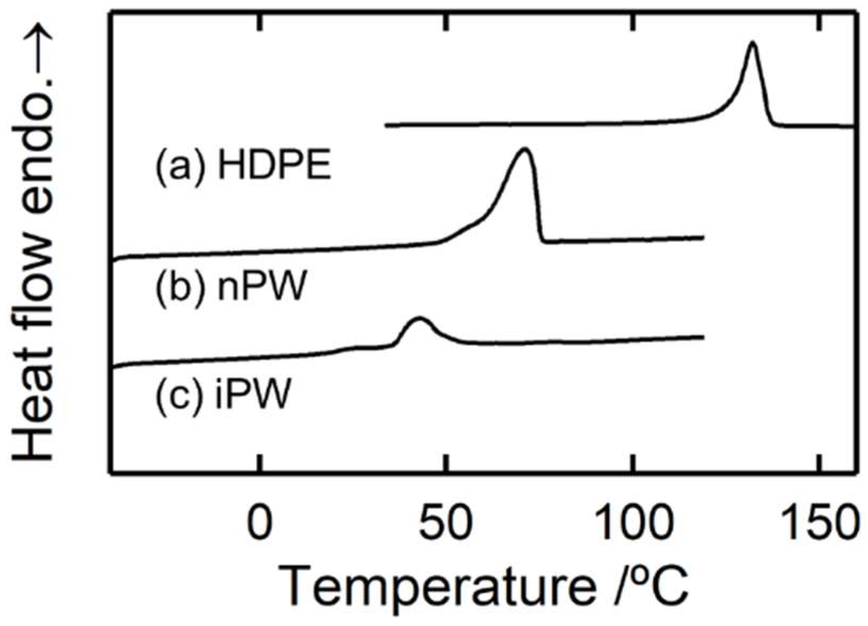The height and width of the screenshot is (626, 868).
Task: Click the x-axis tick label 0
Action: tap(260, 522)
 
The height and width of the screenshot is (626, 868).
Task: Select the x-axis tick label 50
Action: tap(446, 522)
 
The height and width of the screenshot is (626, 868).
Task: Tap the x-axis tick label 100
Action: tap(633, 522)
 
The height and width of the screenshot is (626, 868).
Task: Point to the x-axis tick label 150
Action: tap(819, 522)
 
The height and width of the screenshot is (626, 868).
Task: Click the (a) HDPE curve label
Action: tap(243, 166)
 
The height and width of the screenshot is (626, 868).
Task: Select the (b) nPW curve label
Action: tap(231, 287)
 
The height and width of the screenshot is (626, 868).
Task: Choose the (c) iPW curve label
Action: tap(224, 395)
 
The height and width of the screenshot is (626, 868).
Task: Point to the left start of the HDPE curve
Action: tap(386, 126)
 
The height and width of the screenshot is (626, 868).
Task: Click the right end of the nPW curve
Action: tap(703, 237)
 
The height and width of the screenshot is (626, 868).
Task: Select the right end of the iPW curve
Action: tap(703, 337)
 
